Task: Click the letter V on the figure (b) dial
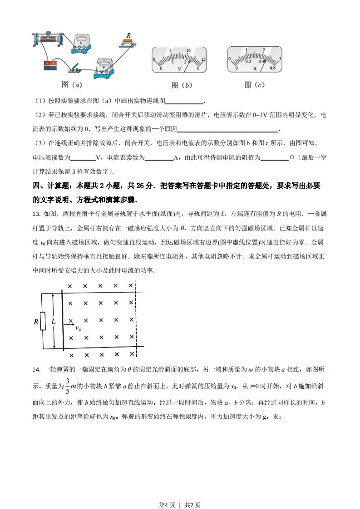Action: (179, 69)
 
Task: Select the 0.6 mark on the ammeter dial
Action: (272, 68)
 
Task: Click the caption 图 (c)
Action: (254, 85)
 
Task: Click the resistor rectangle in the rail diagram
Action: (43, 321)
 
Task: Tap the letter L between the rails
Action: (53, 321)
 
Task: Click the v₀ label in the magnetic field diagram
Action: (78, 328)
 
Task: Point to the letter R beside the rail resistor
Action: (36, 322)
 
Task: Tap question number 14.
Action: (37, 370)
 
